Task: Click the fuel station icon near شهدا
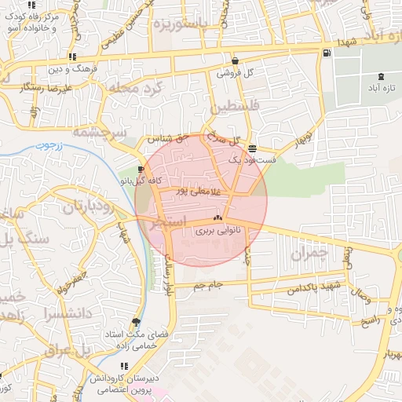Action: pyautogui.click(x=326, y=53)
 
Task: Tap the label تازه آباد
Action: pyautogui.click(x=381, y=89)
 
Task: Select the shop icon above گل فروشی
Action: pyautogui.click(x=235, y=61)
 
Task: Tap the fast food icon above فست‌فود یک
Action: pyautogui.click(x=252, y=148)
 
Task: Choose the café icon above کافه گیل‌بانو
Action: pyautogui.click(x=141, y=170)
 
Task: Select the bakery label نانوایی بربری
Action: pyautogui.click(x=217, y=231)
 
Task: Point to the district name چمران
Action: pyautogui.click(x=307, y=254)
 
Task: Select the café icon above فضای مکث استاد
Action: pyautogui.click(x=138, y=322)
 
